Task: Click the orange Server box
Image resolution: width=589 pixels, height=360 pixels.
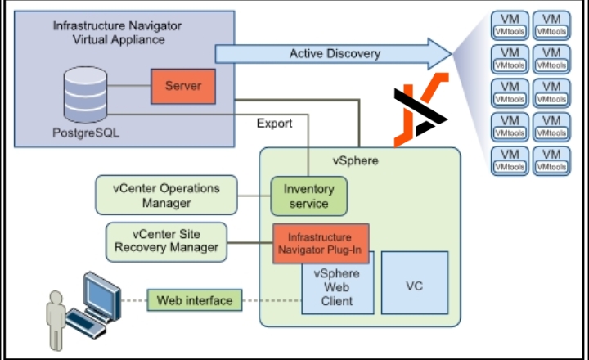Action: (183, 86)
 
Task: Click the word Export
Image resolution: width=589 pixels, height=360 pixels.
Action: (274, 124)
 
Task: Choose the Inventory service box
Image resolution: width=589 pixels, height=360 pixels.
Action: (308, 196)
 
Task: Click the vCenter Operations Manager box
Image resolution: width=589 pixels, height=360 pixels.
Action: (167, 195)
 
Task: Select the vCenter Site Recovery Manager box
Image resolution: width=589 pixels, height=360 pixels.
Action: (166, 241)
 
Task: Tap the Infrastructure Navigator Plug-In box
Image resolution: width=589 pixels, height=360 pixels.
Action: (320, 243)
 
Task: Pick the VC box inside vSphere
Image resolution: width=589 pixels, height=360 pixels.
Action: (414, 286)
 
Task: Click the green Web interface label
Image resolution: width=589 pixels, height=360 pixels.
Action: (195, 300)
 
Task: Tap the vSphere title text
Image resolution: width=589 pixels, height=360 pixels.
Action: (355, 160)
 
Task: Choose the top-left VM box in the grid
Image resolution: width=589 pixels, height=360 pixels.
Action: (510, 24)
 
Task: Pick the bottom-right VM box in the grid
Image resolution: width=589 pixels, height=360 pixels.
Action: (551, 160)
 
